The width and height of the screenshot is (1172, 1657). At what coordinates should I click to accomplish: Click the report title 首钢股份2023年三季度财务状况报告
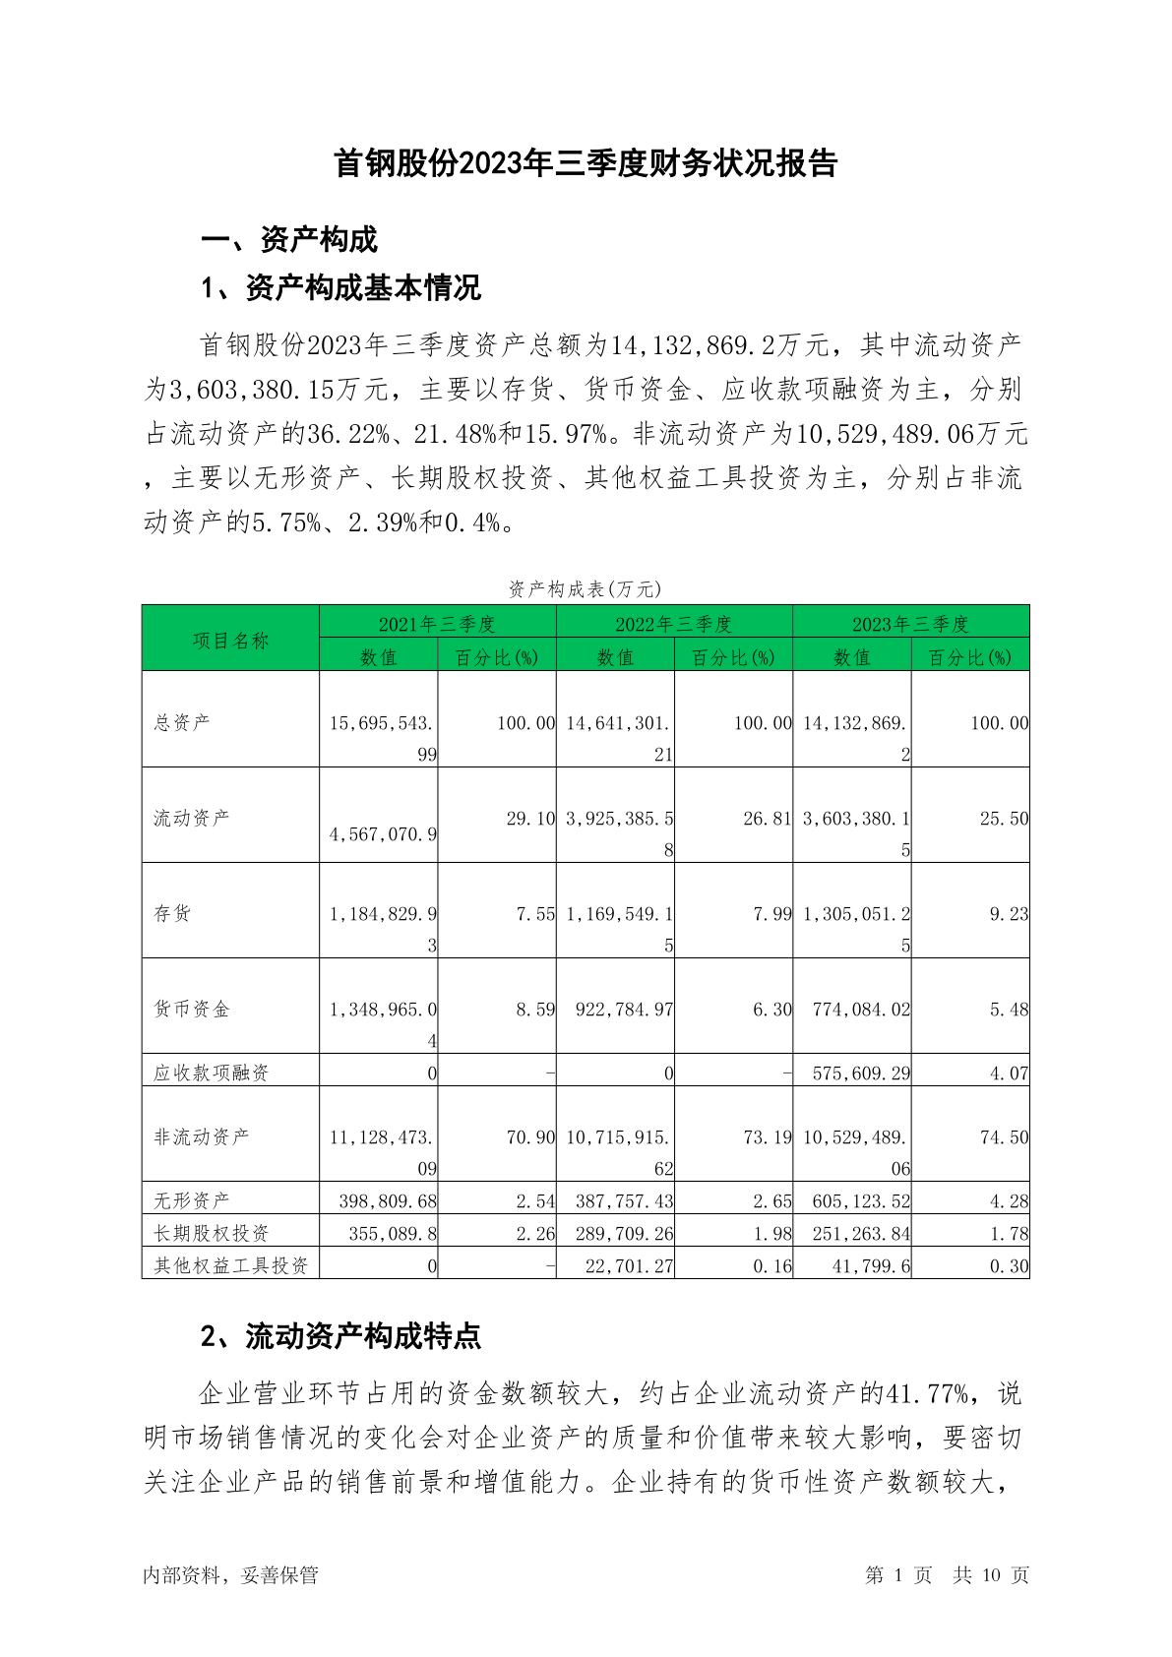586,163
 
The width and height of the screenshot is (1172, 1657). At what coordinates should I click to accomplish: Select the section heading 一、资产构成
288,239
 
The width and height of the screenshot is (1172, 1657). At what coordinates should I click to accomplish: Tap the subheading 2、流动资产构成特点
340,1335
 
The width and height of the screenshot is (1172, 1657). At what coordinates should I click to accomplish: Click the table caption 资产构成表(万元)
585,588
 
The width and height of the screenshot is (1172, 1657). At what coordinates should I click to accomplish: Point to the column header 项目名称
230,641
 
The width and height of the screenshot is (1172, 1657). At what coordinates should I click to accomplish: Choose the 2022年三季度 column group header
674,624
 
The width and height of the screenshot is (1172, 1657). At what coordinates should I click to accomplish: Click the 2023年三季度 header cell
910,624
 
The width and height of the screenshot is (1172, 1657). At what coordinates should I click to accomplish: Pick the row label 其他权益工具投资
230,1265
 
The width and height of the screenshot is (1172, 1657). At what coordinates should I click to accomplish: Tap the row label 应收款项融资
211,1073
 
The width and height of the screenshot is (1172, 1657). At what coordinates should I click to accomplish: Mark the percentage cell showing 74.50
1004,1136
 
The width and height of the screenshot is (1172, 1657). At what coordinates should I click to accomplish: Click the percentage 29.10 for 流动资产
530,819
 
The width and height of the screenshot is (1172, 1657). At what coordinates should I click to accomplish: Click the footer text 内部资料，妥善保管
230,1574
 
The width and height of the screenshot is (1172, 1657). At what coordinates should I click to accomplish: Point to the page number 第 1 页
898,1574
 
